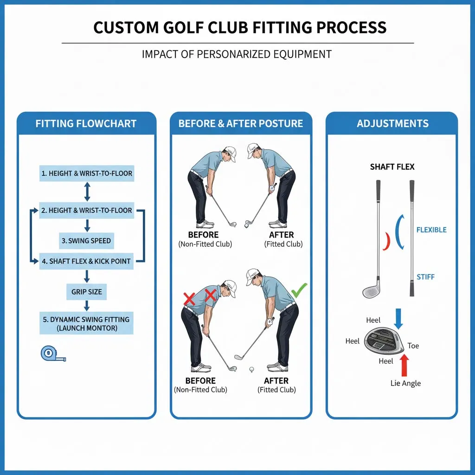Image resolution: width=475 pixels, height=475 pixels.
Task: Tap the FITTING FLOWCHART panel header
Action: tap(86, 123)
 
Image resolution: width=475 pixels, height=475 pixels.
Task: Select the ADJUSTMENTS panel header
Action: tap(392, 123)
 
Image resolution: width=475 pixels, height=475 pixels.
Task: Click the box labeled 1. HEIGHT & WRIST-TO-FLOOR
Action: tap(87, 173)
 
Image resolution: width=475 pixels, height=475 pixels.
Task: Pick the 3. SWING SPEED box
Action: tap(86, 241)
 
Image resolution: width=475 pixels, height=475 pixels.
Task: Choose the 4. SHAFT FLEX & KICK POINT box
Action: tap(87, 261)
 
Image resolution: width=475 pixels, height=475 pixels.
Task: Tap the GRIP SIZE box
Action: tap(86, 292)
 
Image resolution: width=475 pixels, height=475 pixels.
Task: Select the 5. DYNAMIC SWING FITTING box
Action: tap(86, 324)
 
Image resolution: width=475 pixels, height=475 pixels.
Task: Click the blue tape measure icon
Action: tap(52, 354)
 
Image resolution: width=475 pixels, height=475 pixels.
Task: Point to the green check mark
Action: tap(299, 291)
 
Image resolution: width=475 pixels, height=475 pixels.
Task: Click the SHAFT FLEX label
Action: tap(392, 167)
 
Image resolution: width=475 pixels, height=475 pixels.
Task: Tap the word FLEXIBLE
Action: tap(431, 230)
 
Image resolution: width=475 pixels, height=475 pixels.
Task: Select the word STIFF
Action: tap(425, 277)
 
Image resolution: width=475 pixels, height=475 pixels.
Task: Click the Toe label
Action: tap(413, 346)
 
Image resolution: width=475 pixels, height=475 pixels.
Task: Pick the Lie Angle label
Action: tap(405, 383)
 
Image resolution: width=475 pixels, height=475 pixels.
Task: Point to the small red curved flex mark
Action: tap(386, 242)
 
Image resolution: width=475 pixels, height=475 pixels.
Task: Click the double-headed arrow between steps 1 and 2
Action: tap(87, 192)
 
